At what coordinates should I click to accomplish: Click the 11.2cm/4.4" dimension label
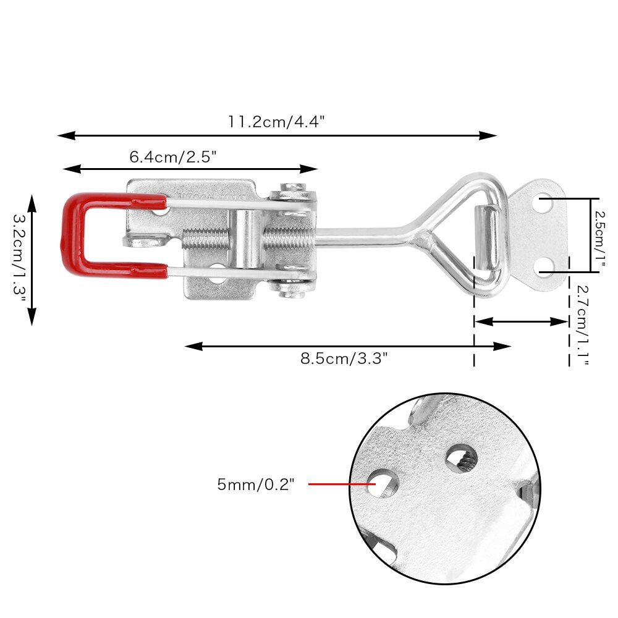click(276, 121)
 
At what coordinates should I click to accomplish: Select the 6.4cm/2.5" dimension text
click(172, 157)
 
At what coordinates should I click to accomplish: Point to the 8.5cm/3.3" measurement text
click(344, 358)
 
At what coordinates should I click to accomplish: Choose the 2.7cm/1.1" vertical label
click(581, 324)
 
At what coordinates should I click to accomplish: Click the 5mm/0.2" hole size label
click(255, 485)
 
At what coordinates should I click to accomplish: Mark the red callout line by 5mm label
click(337, 484)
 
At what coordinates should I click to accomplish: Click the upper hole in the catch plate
click(545, 202)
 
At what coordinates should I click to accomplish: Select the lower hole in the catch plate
click(545, 267)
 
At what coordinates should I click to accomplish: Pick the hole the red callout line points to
click(381, 483)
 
